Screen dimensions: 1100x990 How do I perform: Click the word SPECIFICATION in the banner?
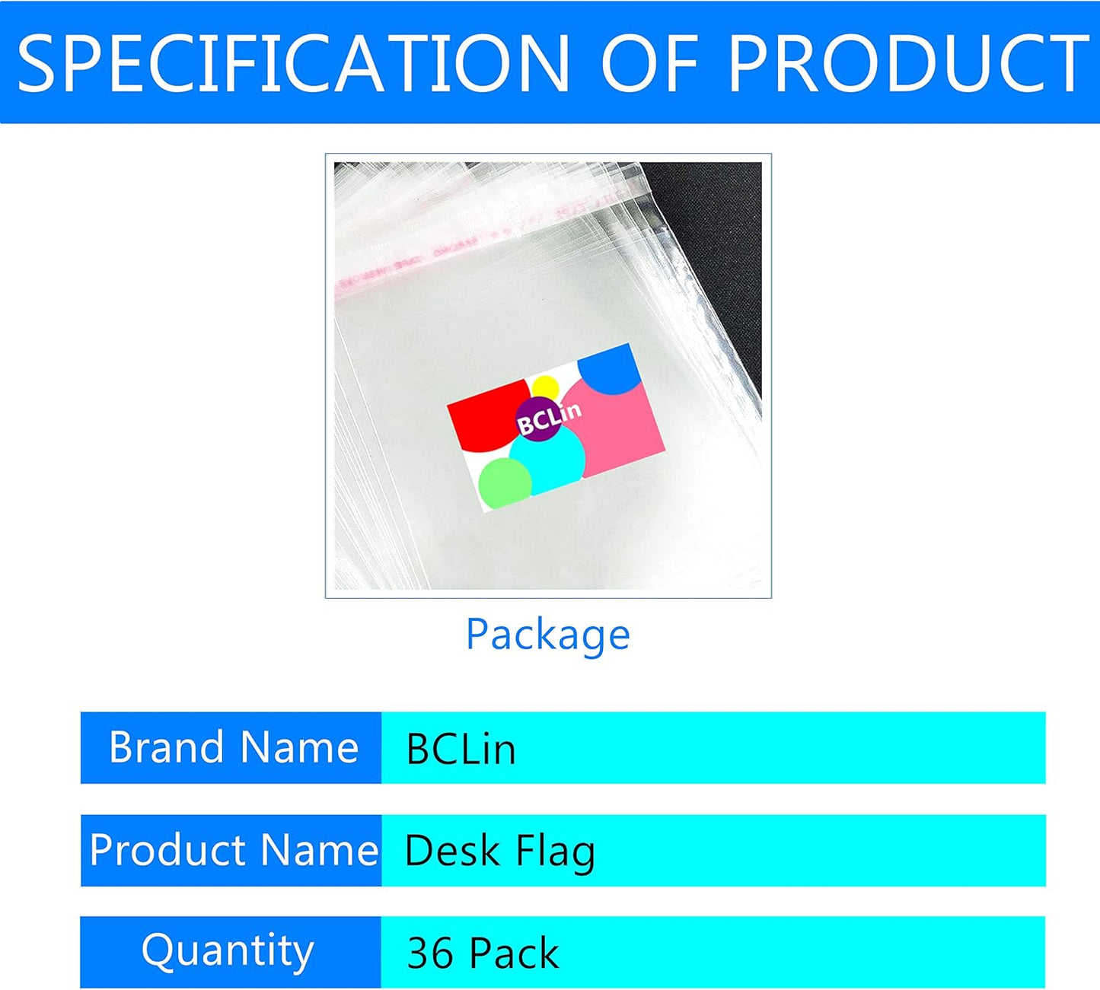pyautogui.click(x=294, y=63)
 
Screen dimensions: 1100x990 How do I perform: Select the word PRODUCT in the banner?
pyautogui.click(x=907, y=63)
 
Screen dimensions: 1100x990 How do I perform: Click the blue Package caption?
pyautogui.click(x=548, y=635)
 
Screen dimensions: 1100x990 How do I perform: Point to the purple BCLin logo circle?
pyautogui.click(x=538, y=419)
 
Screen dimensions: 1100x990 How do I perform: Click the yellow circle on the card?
pyautogui.click(x=545, y=387)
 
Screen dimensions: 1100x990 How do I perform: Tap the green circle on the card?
pyautogui.click(x=505, y=483)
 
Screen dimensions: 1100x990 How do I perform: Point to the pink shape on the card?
pyautogui.click(x=617, y=428)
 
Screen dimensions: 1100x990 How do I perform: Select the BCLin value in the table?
pyautogui.click(x=461, y=749)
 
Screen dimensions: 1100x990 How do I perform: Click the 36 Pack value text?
pyautogui.click(x=483, y=953)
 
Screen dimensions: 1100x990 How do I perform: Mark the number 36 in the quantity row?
pyautogui.click(x=431, y=953)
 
